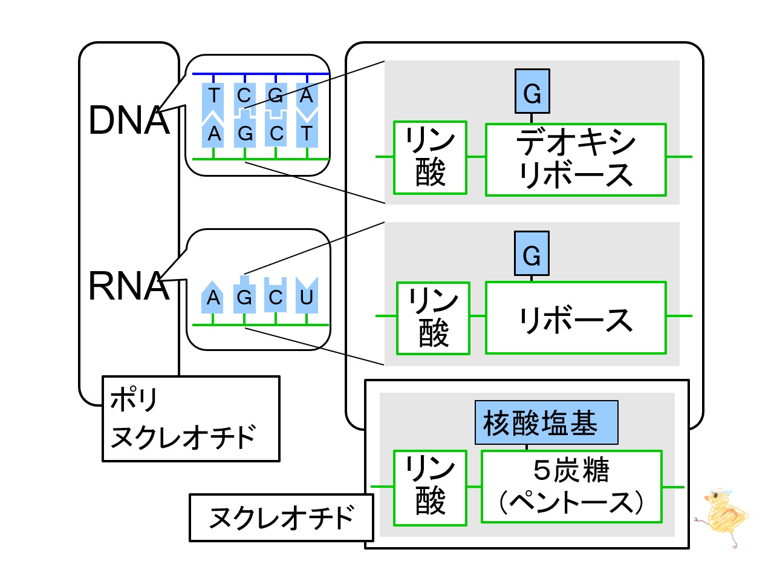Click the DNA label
(129, 120)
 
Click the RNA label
(129, 286)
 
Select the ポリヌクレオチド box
(190, 419)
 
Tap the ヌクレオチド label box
(281, 517)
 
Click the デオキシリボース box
(576, 160)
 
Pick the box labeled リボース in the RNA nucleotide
(576, 318)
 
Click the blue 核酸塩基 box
(546, 422)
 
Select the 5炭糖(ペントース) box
(571, 487)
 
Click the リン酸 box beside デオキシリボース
(430, 158)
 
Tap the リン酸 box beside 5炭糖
(430, 488)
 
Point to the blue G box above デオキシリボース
(532, 91)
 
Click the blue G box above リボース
(532, 254)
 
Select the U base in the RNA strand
(307, 295)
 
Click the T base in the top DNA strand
(213, 100)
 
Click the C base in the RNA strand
(275, 295)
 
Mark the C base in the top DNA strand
(244, 99)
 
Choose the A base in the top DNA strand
(307, 99)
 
